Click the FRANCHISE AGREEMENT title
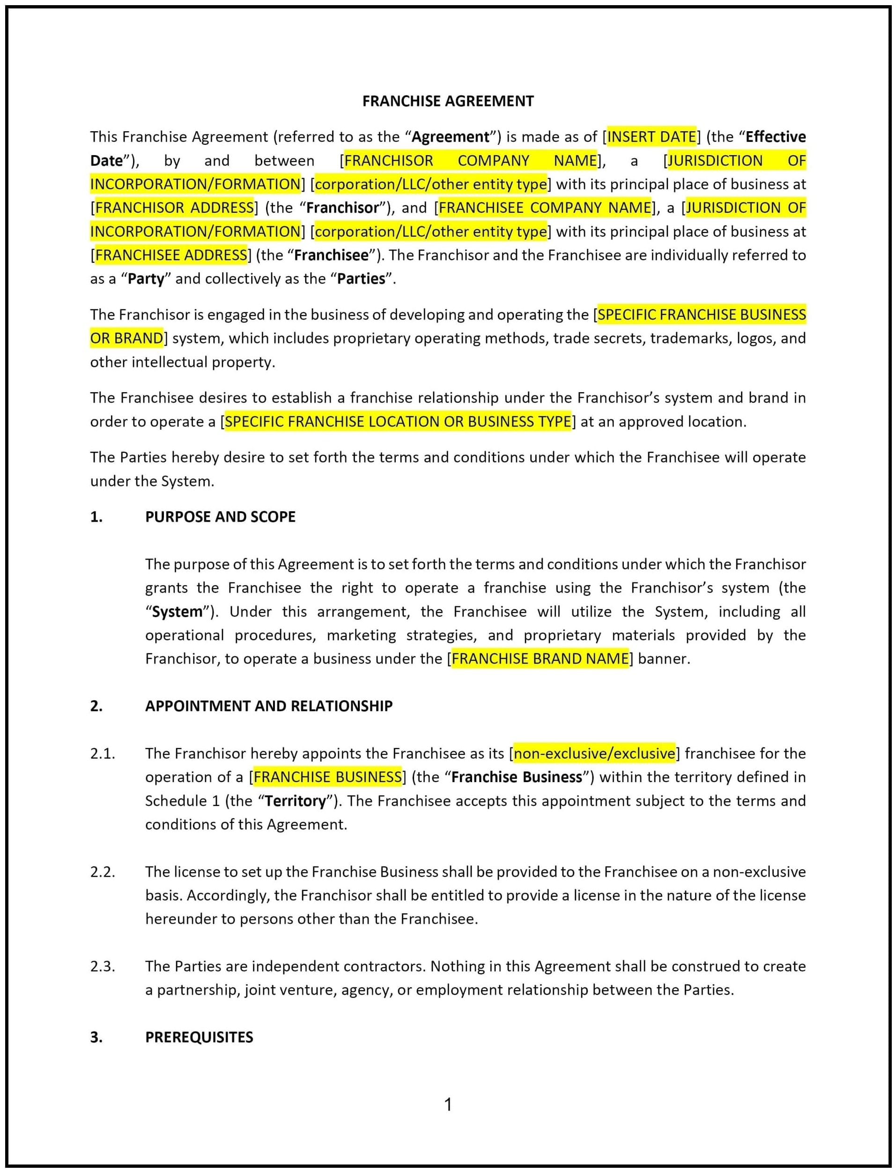coord(447,101)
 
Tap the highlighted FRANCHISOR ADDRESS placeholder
coord(174,208)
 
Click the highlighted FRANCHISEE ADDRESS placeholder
coord(170,255)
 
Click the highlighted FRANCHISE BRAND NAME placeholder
coord(540,658)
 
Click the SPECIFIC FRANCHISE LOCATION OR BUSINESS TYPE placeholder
coord(397,421)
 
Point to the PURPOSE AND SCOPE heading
coord(220,516)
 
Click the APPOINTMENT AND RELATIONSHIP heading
coord(269,706)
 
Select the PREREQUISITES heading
coord(199,1037)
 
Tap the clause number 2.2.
coord(103,872)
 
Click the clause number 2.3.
coord(103,966)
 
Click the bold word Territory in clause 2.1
coord(295,801)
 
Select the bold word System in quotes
coord(177,612)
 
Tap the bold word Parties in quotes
coord(361,278)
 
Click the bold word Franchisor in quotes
coord(342,208)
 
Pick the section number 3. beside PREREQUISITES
coord(96,1037)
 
